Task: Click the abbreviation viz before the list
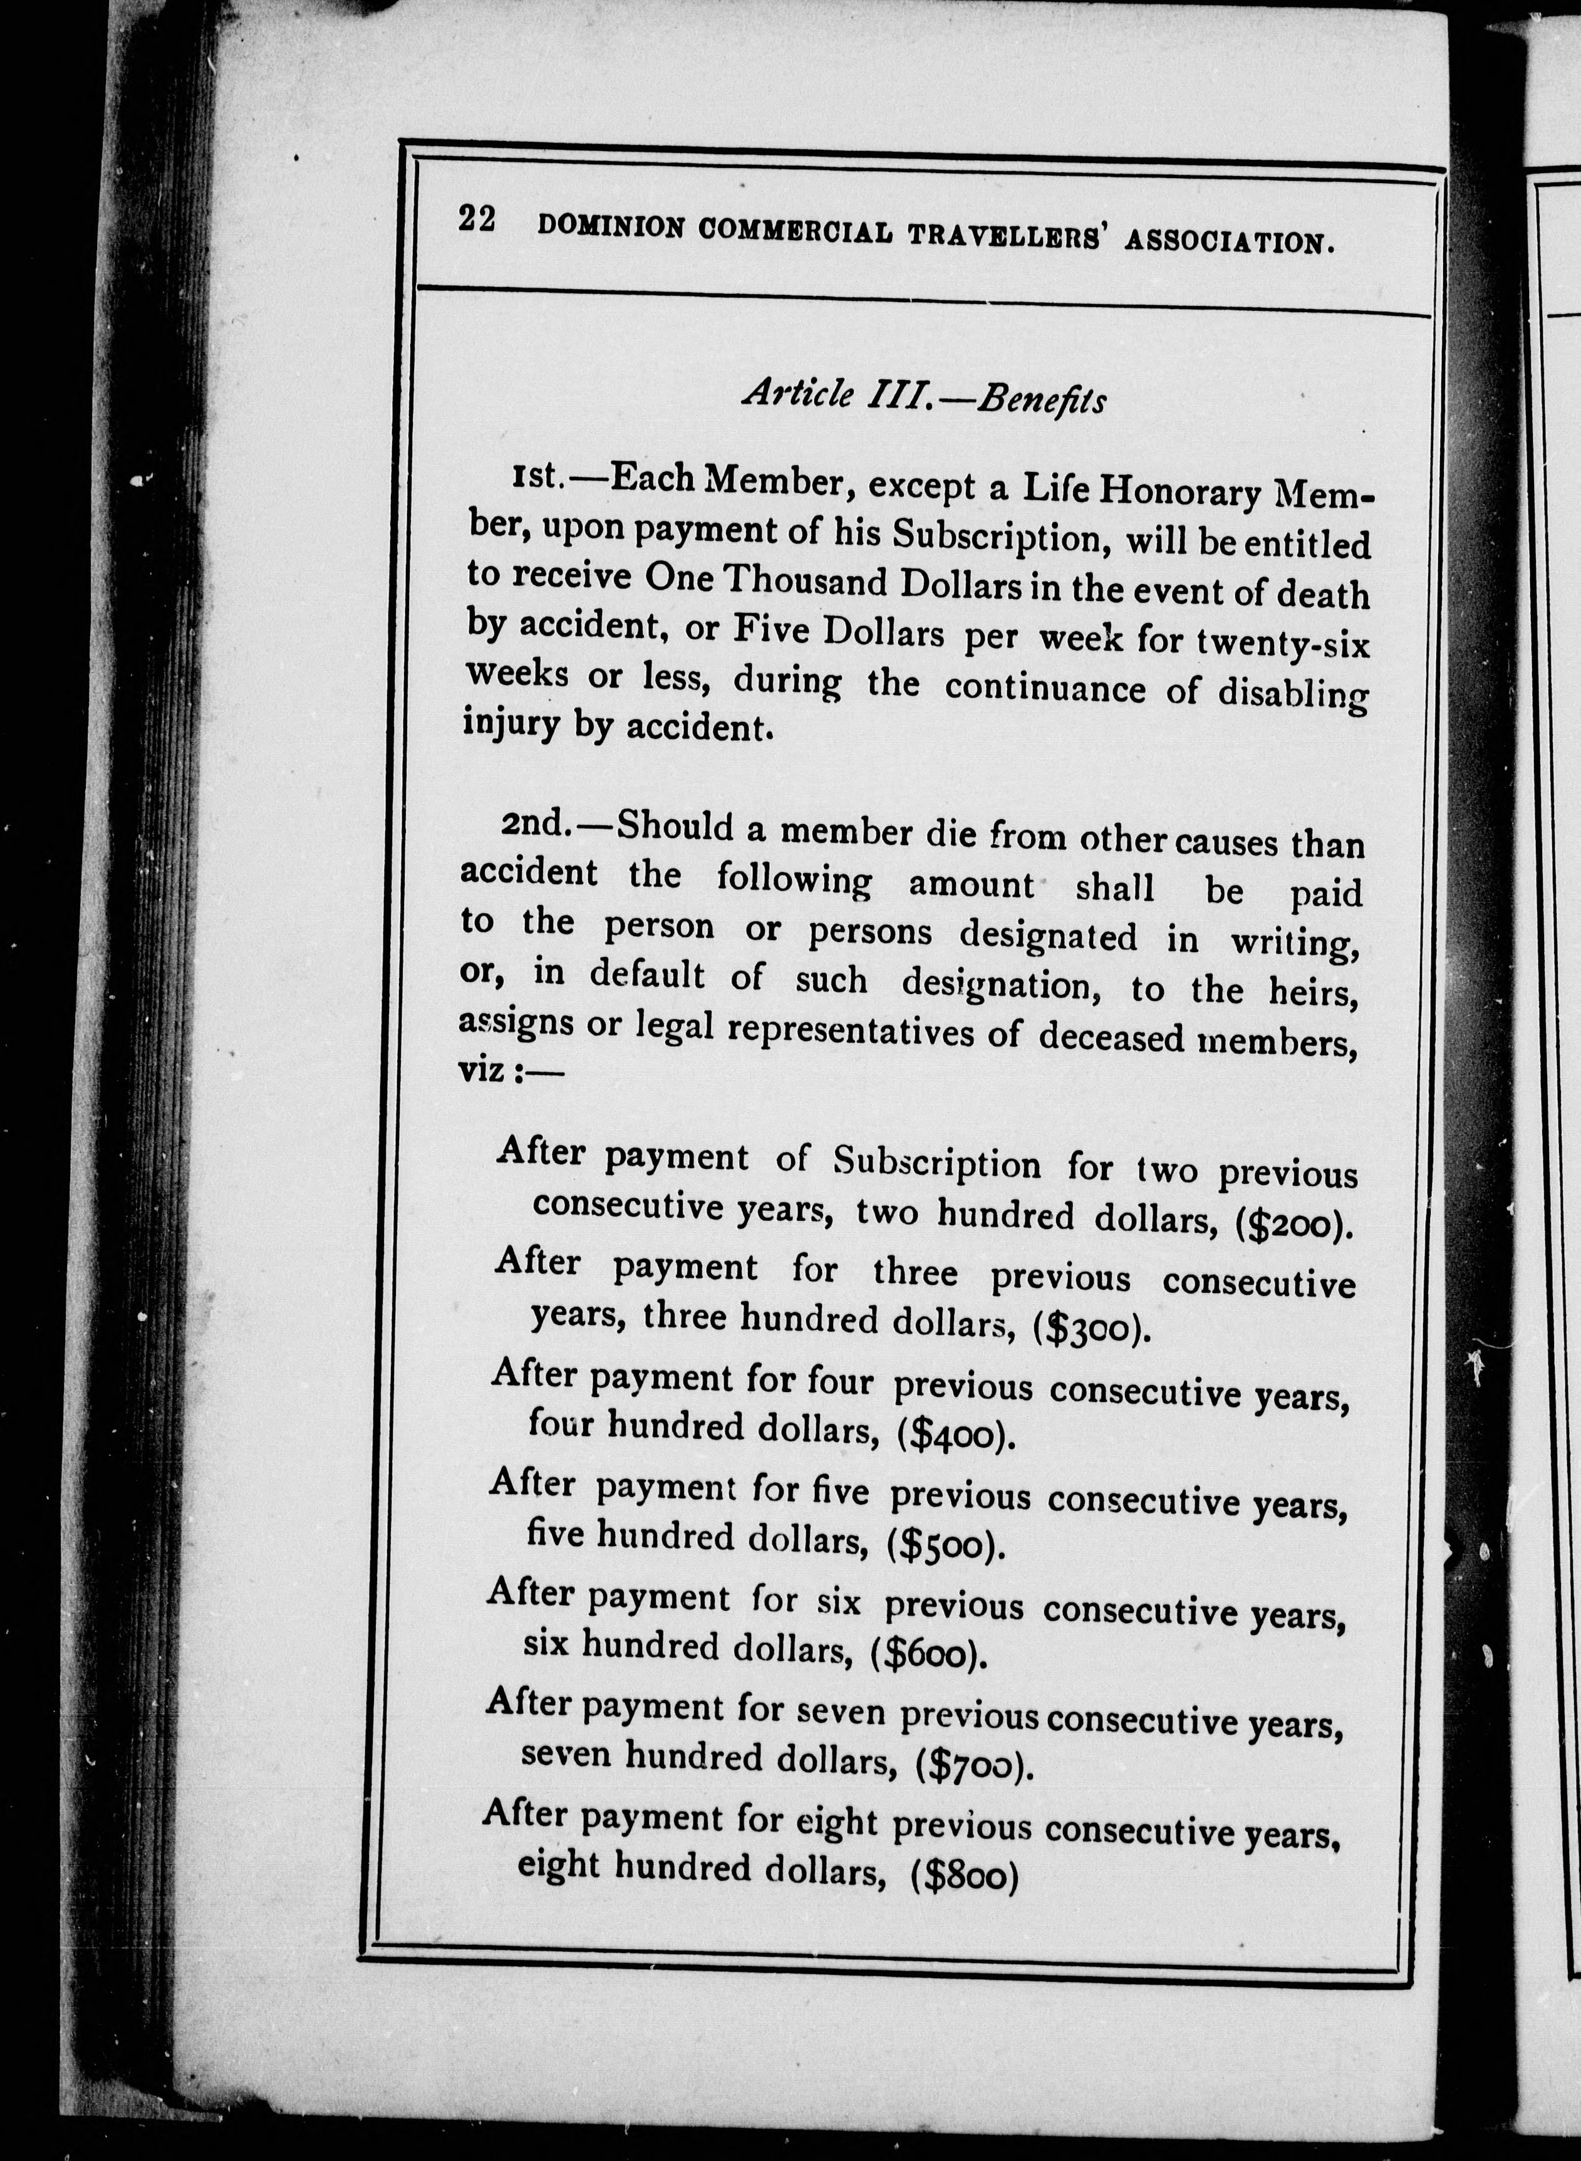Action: (x=482, y=1069)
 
